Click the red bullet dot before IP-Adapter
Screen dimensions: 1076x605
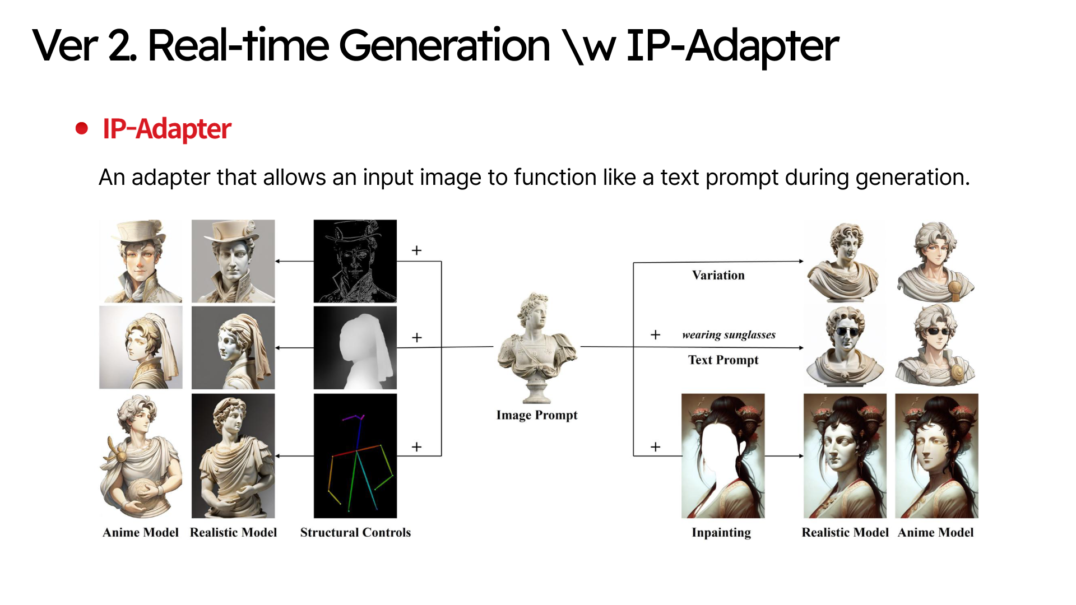coord(82,128)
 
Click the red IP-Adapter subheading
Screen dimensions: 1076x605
coord(166,129)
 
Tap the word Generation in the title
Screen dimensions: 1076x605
coord(444,45)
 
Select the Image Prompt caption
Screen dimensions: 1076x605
coord(537,415)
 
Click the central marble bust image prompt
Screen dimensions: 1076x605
coord(537,347)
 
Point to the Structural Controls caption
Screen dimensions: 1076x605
coord(355,532)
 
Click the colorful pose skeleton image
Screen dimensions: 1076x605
coord(355,455)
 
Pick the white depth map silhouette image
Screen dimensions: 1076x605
coord(355,347)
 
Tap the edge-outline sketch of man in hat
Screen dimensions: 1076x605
coord(355,261)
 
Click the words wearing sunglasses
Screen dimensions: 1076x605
coord(729,335)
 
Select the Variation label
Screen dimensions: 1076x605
coord(718,275)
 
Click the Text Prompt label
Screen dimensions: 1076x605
coord(723,360)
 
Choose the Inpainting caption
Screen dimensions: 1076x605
coord(721,533)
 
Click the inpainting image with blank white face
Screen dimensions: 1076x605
coord(723,455)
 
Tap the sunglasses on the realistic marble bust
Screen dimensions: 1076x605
coord(846,331)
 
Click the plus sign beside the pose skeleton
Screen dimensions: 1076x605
coord(416,447)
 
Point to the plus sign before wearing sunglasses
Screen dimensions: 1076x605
coord(655,335)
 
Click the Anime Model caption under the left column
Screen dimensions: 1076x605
coord(141,532)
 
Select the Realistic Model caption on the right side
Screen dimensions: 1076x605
coord(845,532)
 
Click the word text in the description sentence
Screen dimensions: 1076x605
coord(680,178)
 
